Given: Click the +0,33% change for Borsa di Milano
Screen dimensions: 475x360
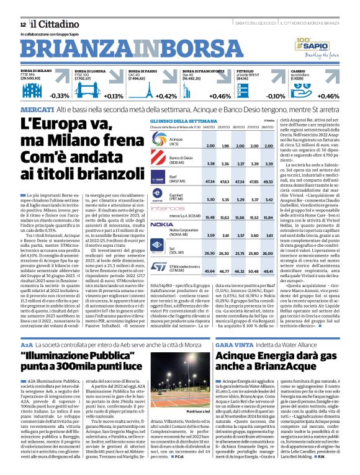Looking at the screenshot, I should pyautogui.click(x=60, y=96).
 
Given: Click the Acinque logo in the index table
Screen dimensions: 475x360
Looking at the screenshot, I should pyautogui.click(x=160, y=142).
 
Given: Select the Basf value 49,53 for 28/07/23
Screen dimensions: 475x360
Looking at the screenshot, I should pyautogui.click(x=268, y=182).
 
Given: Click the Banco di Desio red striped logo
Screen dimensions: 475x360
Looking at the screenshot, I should pyautogui.click(x=160, y=161).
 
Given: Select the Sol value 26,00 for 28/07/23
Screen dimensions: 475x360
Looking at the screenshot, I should pyautogui.click(x=268, y=253).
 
